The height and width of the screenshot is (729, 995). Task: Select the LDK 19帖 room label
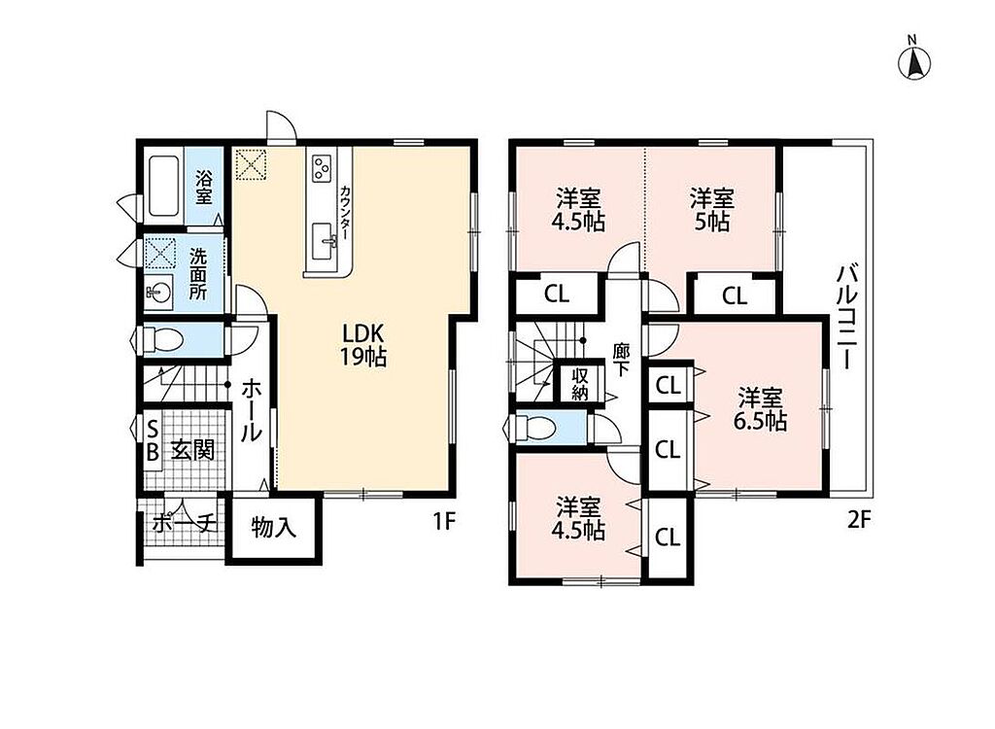tap(363, 345)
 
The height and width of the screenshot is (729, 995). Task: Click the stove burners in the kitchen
tap(321, 167)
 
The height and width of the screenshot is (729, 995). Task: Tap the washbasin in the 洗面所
tap(157, 293)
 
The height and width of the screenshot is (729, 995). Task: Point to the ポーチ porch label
tap(184, 524)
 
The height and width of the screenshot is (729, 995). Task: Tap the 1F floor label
tap(444, 521)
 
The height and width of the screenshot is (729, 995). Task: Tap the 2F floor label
tap(858, 521)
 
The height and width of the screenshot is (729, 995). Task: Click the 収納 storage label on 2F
tap(579, 384)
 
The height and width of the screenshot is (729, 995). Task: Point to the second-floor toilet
tap(535, 427)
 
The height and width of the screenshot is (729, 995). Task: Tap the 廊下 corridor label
tap(620, 360)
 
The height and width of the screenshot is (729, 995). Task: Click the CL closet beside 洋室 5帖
tap(735, 295)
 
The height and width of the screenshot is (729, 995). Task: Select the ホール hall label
tap(252, 410)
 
